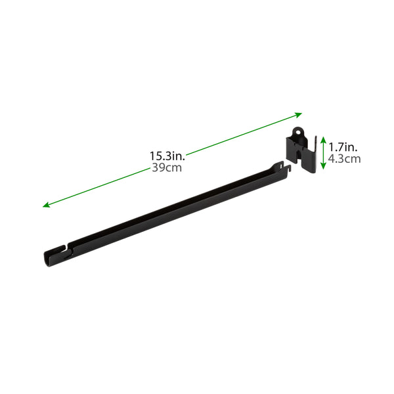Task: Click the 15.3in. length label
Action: (x=167, y=156)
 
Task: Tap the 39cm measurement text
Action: (x=167, y=168)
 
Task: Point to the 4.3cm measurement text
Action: (x=345, y=158)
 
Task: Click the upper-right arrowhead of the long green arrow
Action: (x=298, y=114)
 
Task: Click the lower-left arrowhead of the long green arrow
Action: (x=47, y=206)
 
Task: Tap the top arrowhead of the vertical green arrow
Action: (x=322, y=138)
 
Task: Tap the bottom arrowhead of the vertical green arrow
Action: (x=322, y=175)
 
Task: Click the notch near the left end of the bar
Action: (x=66, y=250)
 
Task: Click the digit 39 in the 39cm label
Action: (x=158, y=168)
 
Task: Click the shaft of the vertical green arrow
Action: (x=322, y=156)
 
